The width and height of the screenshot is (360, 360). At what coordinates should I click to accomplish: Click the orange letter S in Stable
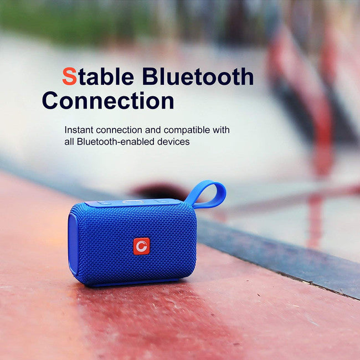pyautogui.click(x=69, y=76)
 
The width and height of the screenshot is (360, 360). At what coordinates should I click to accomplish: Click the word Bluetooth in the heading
pyautogui.click(x=198, y=76)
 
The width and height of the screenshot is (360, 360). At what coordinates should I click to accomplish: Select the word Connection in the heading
pyautogui.click(x=108, y=101)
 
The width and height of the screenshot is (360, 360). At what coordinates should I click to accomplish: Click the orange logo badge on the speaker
pyautogui.click(x=141, y=246)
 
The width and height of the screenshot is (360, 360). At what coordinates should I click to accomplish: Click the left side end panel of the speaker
pyautogui.click(x=73, y=244)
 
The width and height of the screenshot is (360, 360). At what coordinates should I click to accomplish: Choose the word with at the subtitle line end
pyautogui.click(x=220, y=130)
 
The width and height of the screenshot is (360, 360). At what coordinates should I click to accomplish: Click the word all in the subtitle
pyautogui.click(x=69, y=142)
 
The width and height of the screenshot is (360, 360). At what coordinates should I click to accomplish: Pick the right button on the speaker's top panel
pyautogui.click(x=160, y=201)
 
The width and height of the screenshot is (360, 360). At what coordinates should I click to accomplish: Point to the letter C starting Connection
pyautogui.click(x=51, y=101)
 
